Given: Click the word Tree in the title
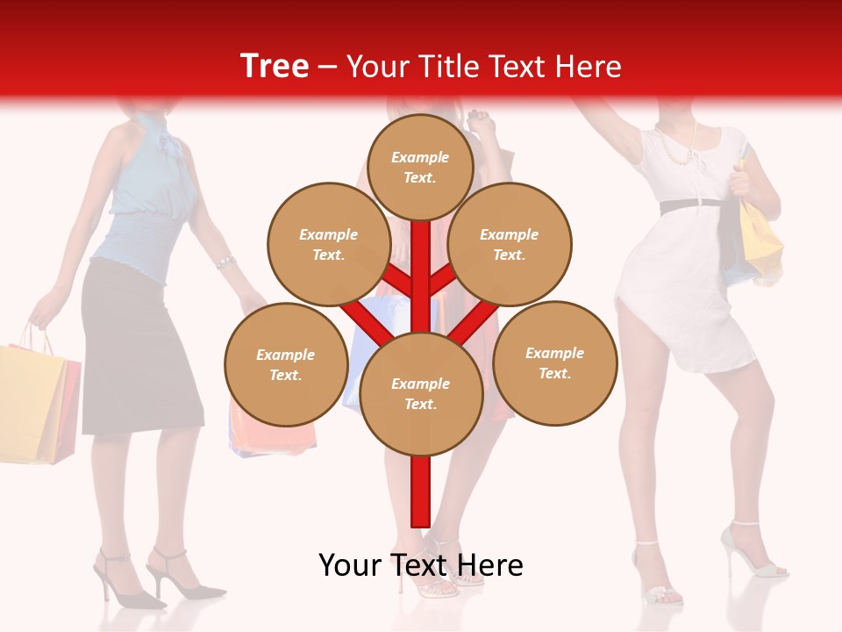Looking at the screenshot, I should tap(275, 67).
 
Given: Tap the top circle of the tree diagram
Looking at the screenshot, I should tap(420, 167).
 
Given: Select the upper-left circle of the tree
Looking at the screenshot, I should tap(329, 244).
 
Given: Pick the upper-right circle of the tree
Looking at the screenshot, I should tap(510, 244).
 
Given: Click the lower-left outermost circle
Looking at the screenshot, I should tap(286, 364).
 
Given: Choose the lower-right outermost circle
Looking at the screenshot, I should tap(555, 363).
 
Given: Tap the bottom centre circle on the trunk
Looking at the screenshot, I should tap(421, 393).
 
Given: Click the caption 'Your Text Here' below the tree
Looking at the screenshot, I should tap(421, 565).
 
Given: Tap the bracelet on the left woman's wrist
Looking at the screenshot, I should tap(225, 262).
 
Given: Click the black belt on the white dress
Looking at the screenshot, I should tap(690, 205).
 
